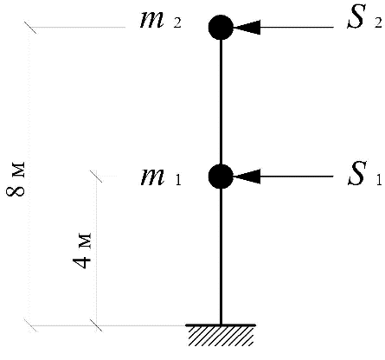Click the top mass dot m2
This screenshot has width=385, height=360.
pyautogui.click(x=221, y=28)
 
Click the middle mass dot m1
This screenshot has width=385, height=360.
pyautogui.click(x=221, y=177)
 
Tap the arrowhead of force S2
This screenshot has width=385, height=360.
pyautogui.click(x=247, y=28)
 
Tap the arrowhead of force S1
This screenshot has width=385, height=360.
pyautogui.click(x=247, y=177)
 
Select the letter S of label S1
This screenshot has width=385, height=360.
pyautogui.click(x=356, y=173)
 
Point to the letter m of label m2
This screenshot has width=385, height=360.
pyautogui.click(x=152, y=20)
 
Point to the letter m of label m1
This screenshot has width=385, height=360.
pyautogui.click(x=153, y=177)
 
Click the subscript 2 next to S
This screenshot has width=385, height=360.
pyautogui.click(x=378, y=22)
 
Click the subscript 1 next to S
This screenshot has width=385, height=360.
pyautogui.click(x=379, y=179)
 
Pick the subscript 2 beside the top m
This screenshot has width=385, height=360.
pyautogui.click(x=177, y=22)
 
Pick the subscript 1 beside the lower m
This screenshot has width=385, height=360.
pyautogui.click(x=178, y=179)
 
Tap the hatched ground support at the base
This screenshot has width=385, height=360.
pyautogui.click(x=221, y=335)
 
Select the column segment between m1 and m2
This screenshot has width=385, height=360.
pyautogui.click(x=221, y=102)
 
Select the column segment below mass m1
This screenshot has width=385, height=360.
pyautogui.click(x=221, y=257)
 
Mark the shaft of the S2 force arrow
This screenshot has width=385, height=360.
pyautogui.click(x=297, y=28)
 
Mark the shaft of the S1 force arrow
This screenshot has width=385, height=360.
pyautogui.click(x=297, y=177)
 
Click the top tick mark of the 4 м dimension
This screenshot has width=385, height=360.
pyautogui.click(x=96, y=177)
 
